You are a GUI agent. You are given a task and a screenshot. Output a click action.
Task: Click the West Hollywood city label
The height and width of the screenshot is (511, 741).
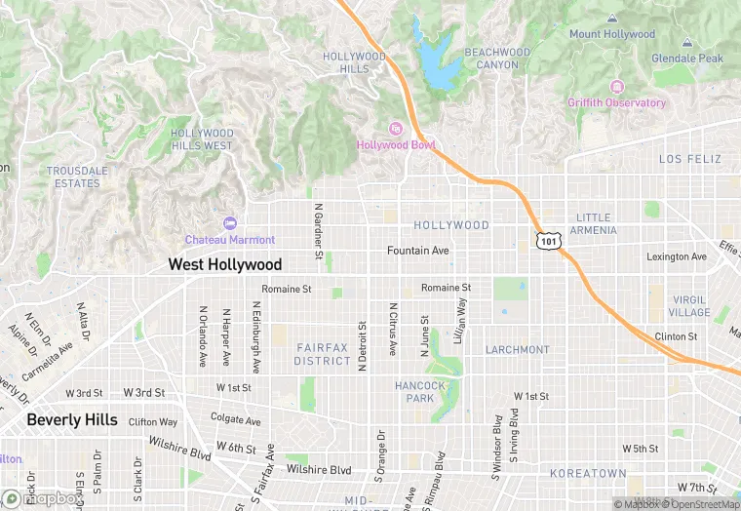click(224, 264)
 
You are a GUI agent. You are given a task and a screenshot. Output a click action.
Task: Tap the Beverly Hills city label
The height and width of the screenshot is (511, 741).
click(72, 420)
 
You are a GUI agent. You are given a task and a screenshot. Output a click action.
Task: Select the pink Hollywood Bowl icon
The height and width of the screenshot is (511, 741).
click(396, 129)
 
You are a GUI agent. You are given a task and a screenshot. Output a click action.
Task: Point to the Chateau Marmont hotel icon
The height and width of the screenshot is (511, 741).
click(230, 223)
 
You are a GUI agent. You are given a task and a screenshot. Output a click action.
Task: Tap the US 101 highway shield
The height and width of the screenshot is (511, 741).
click(549, 240)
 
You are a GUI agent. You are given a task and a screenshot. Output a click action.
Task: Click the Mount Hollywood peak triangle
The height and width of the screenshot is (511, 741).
click(612, 19)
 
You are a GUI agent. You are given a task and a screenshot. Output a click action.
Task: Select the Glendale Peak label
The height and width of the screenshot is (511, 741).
click(687, 59)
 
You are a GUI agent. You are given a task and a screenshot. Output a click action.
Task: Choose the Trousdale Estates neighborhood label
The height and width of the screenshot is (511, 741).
click(77, 177)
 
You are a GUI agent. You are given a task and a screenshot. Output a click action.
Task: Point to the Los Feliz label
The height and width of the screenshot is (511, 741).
click(689, 158)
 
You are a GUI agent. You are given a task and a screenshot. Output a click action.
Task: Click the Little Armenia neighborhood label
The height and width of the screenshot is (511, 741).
click(594, 224)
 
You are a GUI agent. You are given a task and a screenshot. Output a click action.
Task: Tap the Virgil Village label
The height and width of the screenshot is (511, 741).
click(689, 306)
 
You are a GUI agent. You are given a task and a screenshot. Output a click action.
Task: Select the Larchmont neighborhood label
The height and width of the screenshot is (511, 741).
click(518, 349)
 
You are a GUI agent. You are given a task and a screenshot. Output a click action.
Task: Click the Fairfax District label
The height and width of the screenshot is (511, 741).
click(323, 354)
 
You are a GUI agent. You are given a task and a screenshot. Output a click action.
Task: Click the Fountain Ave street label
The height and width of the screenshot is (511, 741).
click(418, 251)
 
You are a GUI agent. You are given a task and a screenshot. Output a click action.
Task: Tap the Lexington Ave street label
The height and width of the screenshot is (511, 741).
click(677, 256)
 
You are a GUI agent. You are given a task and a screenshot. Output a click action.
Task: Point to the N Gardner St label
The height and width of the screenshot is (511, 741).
click(318, 232)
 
